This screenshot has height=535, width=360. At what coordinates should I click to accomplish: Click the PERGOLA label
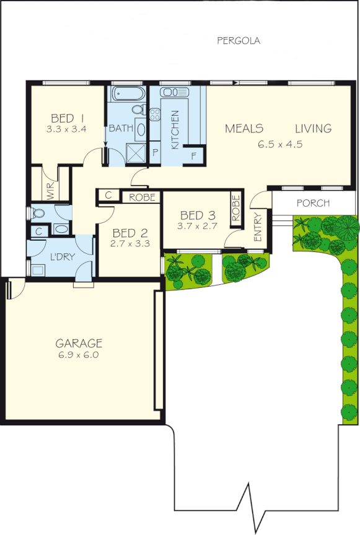[239, 41]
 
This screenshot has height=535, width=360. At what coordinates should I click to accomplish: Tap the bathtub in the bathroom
[128, 94]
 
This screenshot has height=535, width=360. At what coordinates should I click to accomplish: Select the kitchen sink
[175, 92]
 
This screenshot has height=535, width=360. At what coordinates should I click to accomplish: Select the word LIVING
[313, 129]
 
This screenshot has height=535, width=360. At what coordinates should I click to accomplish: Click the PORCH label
[313, 203]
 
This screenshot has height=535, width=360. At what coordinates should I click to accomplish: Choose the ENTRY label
[258, 227]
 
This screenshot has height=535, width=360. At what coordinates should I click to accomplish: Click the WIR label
[48, 189]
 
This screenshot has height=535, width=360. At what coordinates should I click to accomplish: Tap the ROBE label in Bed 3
[235, 209]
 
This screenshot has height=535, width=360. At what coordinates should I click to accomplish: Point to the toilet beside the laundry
[38, 214]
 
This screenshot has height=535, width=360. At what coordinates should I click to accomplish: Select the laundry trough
[38, 269]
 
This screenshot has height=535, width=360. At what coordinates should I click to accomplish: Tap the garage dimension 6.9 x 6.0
[79, 355]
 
